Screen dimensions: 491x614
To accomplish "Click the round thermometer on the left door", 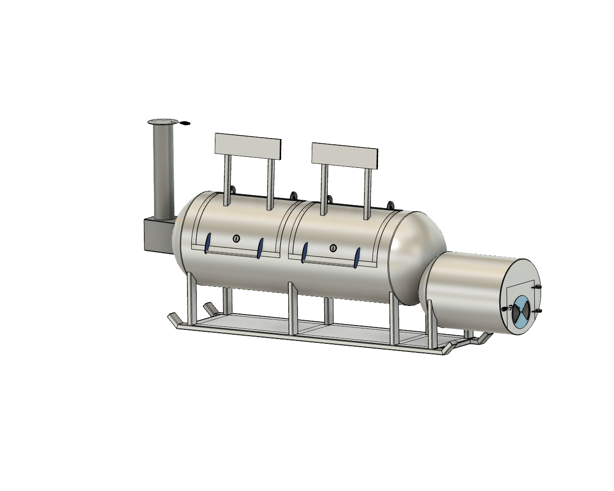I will pyautogui.click(x=236, y=238).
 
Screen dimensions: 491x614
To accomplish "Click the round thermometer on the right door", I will pyautogui.click(x=333, y=248).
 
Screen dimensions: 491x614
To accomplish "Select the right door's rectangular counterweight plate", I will pyautogui.click(x=345, y=156).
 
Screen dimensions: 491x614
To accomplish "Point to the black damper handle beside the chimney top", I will pyautogui.click(x=184, y=124).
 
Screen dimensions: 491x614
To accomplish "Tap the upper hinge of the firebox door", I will pyautogui.click(x=536, y=287).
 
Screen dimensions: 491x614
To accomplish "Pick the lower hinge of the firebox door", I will pyautogui.click(x=537, y=312).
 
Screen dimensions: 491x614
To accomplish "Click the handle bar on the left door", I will pyautogui.click(x=234, y=250).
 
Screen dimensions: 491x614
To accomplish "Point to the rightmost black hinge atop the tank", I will pyautogui.click(x=390, y=205).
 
